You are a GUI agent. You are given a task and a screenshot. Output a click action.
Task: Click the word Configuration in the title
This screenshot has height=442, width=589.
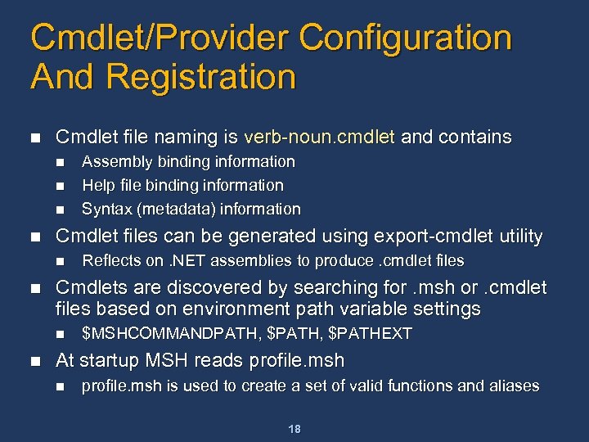tap(406, 38)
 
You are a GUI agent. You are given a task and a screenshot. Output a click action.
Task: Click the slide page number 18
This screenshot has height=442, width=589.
tap(295, 428)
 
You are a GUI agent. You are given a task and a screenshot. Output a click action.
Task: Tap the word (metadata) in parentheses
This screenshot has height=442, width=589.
tap(175, 209)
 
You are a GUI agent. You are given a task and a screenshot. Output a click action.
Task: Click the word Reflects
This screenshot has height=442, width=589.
tap(110, 261)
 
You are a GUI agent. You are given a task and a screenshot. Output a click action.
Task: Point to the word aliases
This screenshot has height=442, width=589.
tap(512, 386)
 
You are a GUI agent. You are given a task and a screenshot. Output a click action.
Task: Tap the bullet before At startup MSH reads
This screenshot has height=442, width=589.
tap(34, 361)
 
